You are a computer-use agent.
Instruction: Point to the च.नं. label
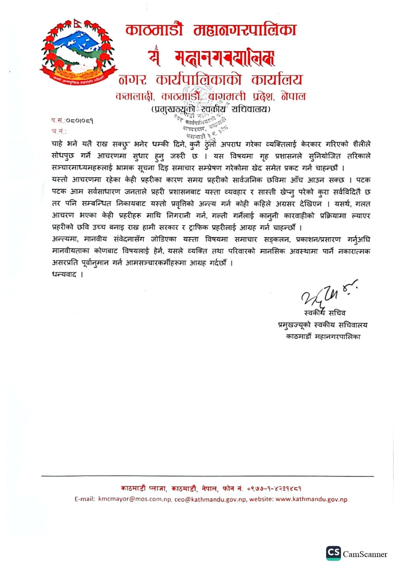point(59,131)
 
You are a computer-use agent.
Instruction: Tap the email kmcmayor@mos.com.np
point(135,499)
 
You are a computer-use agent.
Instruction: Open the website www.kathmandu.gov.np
point(311,499)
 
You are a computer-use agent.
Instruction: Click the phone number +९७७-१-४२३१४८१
point(274,488)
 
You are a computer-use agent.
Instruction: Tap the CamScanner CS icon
point(333,553)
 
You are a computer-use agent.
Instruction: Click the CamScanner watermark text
point(365,554)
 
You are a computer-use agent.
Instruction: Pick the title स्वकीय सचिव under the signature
point(325,313)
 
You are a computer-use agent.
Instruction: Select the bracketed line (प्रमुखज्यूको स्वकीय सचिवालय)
point(211,109)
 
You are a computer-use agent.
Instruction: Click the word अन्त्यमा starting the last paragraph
point(65,239)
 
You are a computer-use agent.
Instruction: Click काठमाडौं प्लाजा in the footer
point(143,488)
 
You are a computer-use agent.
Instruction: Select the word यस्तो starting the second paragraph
point(59,180)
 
